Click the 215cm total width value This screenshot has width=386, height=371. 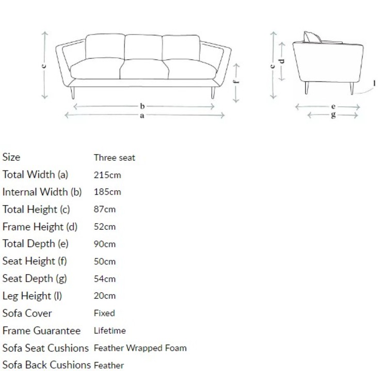click(x=107, y=175)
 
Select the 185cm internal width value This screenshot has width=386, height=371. click(x=107, y=192)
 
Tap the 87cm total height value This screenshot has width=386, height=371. click(x=105, y=210)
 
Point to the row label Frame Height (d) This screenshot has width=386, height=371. click(x=40, y=227)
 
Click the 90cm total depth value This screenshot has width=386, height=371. click(x=105, y=244)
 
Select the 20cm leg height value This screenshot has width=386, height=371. click(x=105, y=296)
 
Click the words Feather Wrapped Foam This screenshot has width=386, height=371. click(x=140, y=348)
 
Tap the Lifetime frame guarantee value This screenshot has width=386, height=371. click(x=109, y=330)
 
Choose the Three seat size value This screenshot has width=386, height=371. click(x=114, y=158)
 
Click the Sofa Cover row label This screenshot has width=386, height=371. click(x=27, y=313)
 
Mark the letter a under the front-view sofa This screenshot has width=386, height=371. click(x=142, y=116)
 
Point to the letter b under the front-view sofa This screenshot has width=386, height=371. click(x=142, y=106)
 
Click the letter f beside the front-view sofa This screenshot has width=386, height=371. click(x=236, y=81)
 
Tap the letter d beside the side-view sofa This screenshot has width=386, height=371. click(x=282, y=61)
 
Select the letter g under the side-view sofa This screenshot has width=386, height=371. click(x=333, y=115)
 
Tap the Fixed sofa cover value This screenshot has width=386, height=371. click(x=104, y=313)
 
